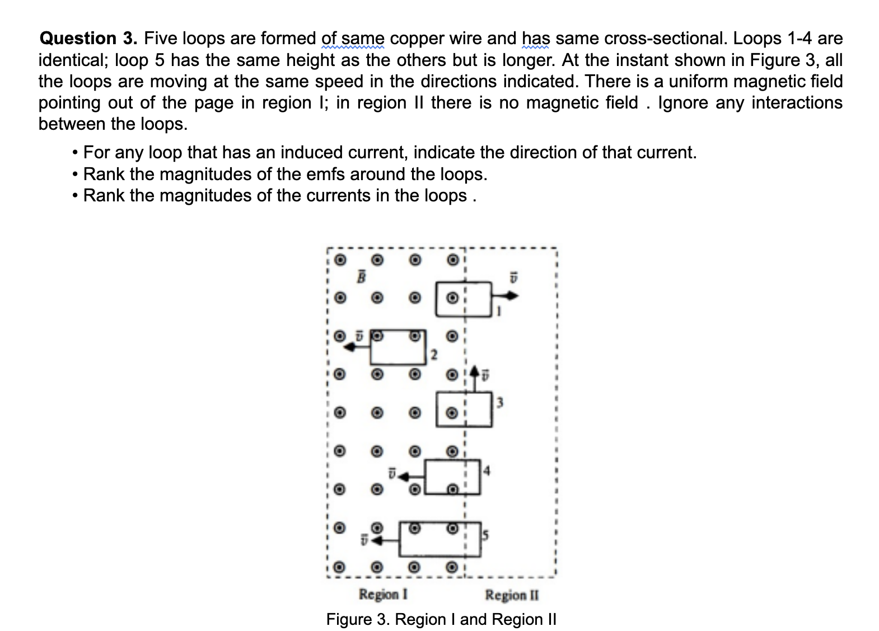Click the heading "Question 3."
(x=88, y=39)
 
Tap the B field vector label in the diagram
(x=362, y=276)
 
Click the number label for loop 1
(x=498, y=312)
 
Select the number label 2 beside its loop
(x=433, y=354)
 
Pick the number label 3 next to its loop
(x=500, y=402)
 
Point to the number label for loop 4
(x=487, y=471)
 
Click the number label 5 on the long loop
(x=485, y=535)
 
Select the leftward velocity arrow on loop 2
(x=356, y=347)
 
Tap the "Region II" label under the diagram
(x=512, y=595)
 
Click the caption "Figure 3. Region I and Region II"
(x=441, y=619)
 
